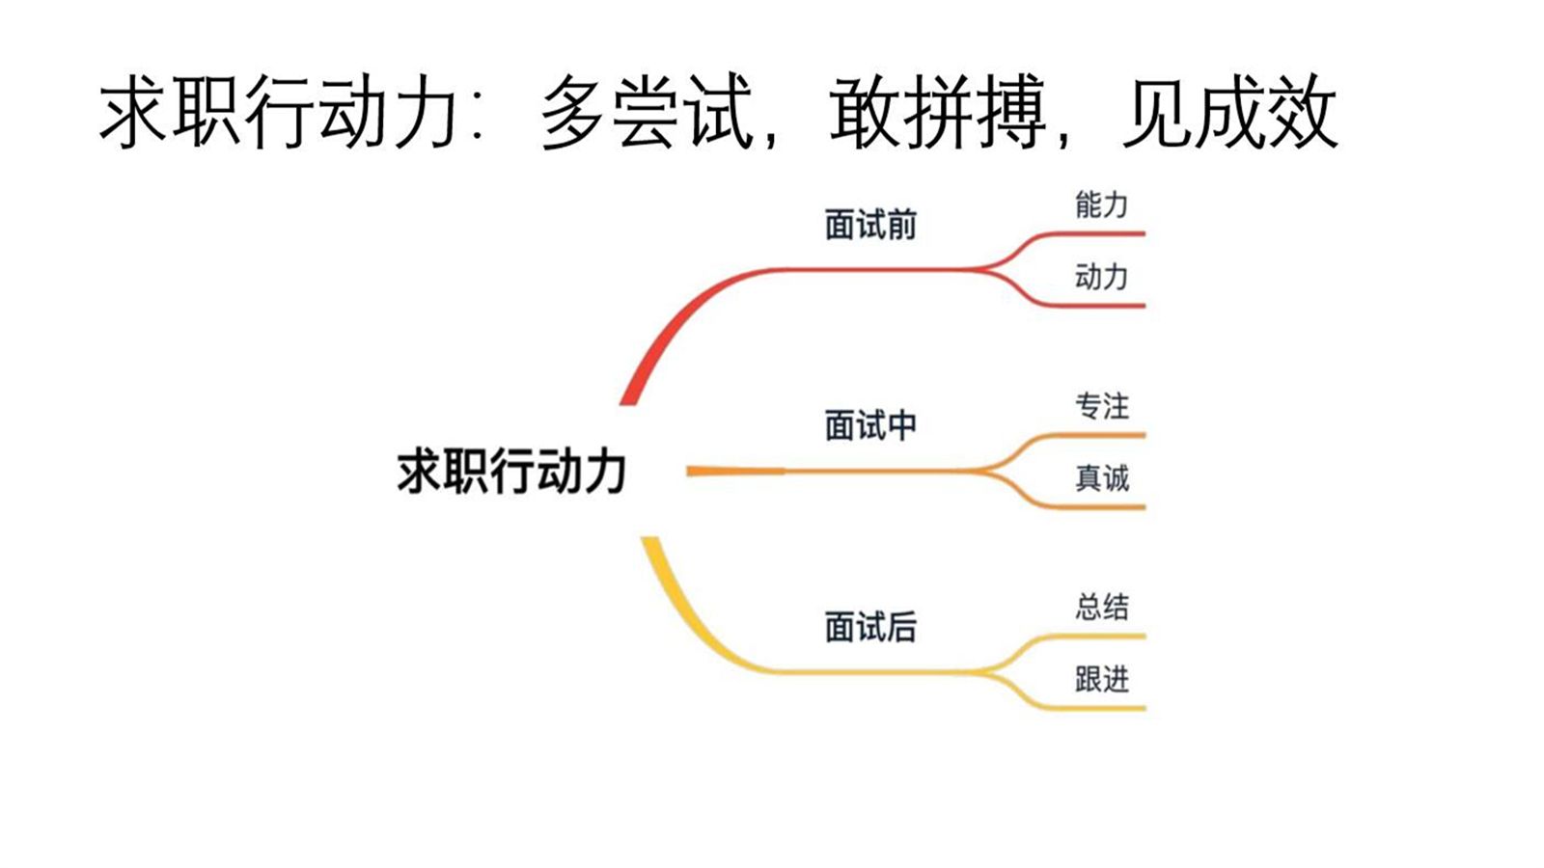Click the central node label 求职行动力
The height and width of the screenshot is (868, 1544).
511,472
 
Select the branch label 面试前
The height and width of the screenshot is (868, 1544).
870,225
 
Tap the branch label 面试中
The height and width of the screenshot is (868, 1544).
870,425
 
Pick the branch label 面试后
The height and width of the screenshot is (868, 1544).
870,627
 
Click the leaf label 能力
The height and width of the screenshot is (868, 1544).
1101,204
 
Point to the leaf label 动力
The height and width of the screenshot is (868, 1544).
1101,278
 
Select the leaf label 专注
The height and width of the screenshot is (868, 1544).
1101,406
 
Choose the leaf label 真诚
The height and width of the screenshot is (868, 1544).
1101,478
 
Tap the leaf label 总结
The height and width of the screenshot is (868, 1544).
1101,607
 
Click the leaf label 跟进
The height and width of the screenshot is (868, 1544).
1101,680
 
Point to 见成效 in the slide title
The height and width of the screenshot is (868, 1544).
1230,114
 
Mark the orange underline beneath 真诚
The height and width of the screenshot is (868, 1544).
1100,506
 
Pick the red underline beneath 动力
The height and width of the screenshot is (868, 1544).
1100,306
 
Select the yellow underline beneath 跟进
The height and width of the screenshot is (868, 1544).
1100,708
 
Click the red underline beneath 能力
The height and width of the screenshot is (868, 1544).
1100,233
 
